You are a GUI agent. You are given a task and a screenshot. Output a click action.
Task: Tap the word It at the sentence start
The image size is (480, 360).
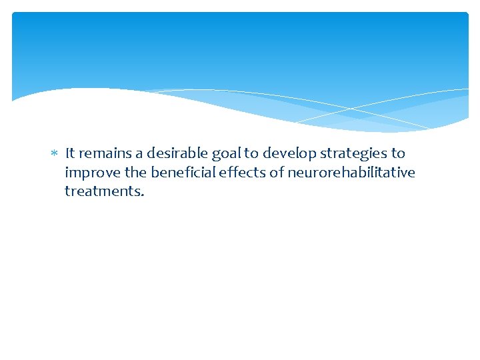click(x=71, y=153)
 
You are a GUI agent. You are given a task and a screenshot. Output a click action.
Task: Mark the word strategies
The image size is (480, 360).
click(x=354, y=154)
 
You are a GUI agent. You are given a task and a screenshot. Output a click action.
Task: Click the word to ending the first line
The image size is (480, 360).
click(x=398, y=153)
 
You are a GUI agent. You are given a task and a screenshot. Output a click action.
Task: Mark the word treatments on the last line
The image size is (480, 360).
click(x=102, y=191)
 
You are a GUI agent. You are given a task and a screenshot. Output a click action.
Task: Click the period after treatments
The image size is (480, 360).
click(x=142, y=195)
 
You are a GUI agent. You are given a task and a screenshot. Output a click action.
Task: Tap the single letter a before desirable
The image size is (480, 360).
click(x=140, y=154)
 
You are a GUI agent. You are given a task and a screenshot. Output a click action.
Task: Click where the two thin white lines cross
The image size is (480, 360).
click(x=352, y=108)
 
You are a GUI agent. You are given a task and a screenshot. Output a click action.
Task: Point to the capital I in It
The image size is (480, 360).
click(x=67, y=153)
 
